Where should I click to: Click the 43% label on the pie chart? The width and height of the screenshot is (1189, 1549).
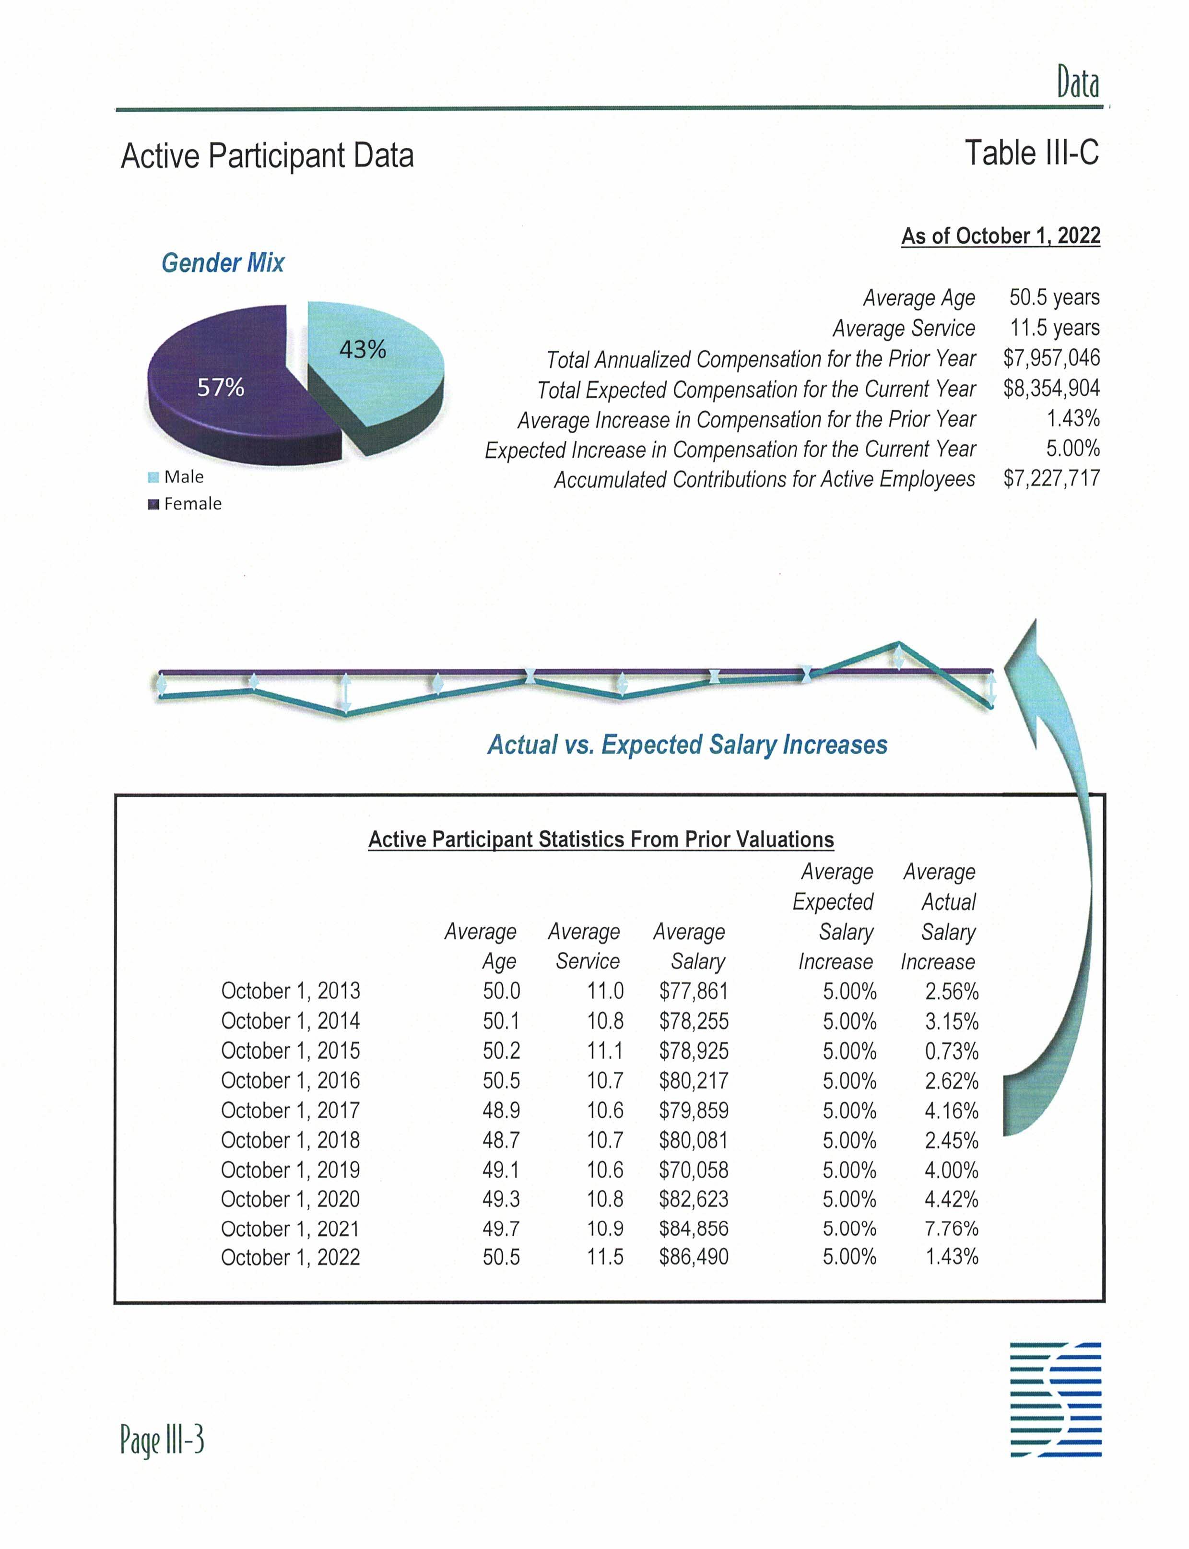point(363,350)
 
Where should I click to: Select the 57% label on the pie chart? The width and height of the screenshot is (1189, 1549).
point(220,387)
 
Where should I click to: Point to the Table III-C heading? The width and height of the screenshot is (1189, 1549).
point(1031,154)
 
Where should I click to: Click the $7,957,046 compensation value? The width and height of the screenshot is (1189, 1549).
point(1051,358)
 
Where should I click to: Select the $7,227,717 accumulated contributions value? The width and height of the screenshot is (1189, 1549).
point(1051,479)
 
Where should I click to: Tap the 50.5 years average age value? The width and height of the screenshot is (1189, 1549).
point(1054,297)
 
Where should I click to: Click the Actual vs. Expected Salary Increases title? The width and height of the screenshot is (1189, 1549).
point(687,745)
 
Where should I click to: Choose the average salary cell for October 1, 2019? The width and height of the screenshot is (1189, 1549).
point(694,1170)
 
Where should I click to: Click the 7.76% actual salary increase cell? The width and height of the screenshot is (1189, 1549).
point(951,1228)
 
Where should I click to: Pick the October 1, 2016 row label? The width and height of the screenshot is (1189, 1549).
point(290,1080)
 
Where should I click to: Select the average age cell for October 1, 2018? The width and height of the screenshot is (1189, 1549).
point(501,1140)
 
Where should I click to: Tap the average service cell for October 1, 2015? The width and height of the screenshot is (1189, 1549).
point(605,1051)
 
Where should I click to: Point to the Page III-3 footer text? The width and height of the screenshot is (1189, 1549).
point(162,1440)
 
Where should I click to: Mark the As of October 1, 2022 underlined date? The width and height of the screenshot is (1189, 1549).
point(1000,236)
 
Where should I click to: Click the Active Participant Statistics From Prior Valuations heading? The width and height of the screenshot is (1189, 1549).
point(601,840)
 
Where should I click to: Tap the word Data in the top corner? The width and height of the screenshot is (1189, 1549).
point(1078,83)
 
